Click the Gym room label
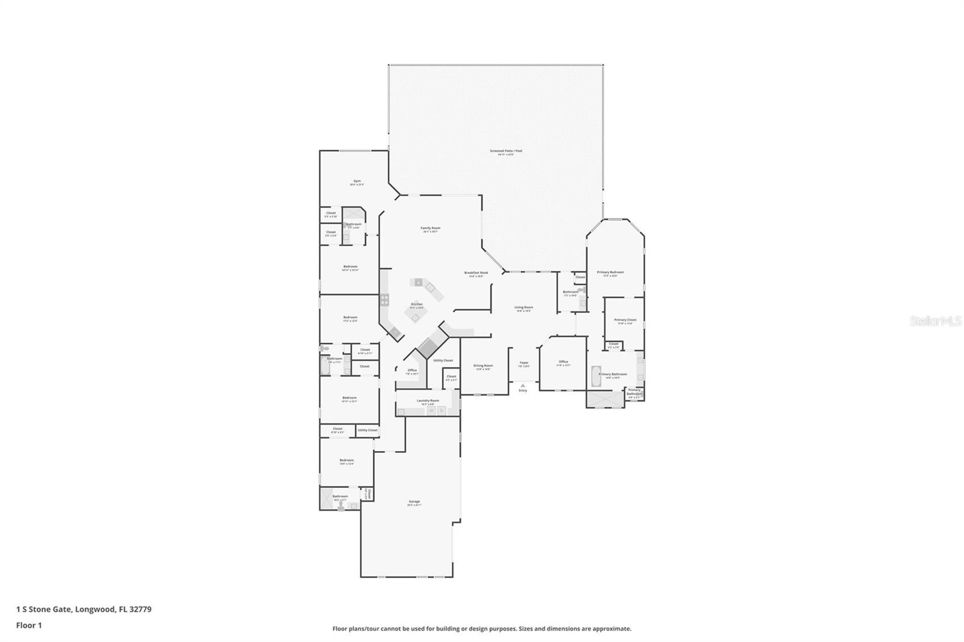(357, 181)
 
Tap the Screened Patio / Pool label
(505, 151)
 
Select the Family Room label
(430, 228)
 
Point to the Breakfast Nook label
(476, 273)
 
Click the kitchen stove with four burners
(384, 299)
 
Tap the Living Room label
(524, 307)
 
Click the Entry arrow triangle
(523, 385)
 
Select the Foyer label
(524, 363)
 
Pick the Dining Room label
(483, 366)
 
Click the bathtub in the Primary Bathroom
(596, 375)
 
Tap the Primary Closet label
(625, 320)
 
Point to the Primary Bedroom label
(610, 272)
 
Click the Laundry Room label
(428, 400)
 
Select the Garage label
(414, 501)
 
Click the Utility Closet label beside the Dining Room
(443, 360)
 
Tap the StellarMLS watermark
(935, 322)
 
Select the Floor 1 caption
(29, 625)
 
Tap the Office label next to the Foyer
(563, 361)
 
